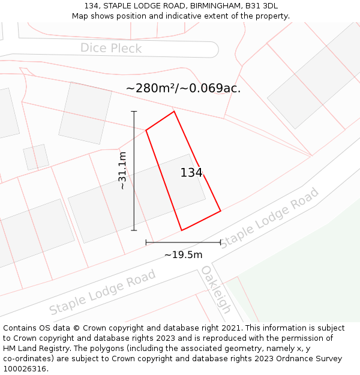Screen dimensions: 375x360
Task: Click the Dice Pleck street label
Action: point(111,48)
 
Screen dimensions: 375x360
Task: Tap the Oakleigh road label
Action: point(216,289)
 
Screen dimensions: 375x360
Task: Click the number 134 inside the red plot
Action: point(191,173)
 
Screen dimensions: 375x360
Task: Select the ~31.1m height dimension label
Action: point(122,171)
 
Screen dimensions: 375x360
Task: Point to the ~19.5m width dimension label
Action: point(183,255)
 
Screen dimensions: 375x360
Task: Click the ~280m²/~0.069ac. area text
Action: point(183,88)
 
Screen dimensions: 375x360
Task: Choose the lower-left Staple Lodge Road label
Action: point(103,292)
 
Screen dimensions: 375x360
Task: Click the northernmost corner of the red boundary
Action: point(174,111)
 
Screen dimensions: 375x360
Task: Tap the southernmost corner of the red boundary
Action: point(182,230)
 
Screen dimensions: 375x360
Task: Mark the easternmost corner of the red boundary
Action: point(221,211)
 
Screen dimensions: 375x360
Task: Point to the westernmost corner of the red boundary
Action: point(146,130)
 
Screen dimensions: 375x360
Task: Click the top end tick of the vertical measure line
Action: point(134,111)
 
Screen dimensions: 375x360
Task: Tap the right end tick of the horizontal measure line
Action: point(221,242)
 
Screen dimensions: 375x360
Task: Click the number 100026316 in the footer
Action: point(24,369)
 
